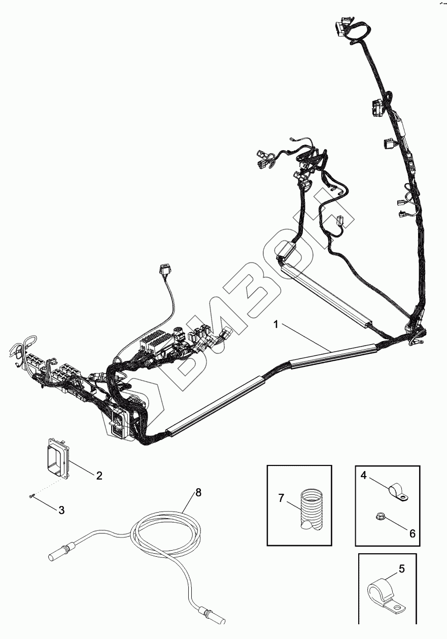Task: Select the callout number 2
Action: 99,476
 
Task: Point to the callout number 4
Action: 363,476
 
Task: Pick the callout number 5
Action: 401,569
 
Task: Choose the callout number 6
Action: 412,533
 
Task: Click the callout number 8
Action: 198,492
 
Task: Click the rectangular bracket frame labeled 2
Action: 57,458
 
